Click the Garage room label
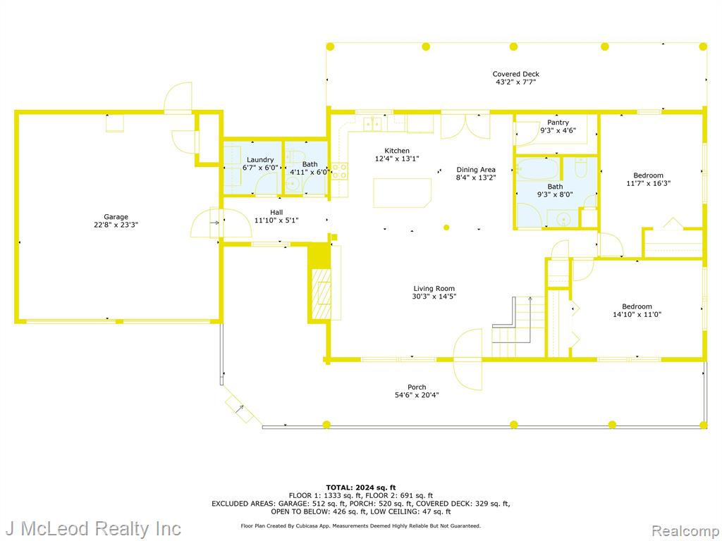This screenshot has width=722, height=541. (116, 217)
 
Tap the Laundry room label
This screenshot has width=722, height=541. (260, 160)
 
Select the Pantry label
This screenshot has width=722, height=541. (558, 123)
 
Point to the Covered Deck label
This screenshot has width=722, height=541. (515, 73)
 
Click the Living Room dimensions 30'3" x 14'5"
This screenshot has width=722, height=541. (434, 297)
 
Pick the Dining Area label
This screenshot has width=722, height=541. (476, 169)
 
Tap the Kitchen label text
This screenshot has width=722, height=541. (397, 151)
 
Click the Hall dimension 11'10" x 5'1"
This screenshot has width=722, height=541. (276, 220)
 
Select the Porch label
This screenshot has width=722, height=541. (417, 387)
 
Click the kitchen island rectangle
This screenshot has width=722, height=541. (402, 193)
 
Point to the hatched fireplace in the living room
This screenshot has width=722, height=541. (322, 294)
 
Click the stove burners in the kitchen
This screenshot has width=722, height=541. (339, 171)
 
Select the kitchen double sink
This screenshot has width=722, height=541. (372, 123)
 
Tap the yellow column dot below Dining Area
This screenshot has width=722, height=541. (446, 228)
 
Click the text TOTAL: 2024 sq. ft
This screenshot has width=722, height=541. (360, 487)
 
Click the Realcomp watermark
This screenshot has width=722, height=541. (684, 530)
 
